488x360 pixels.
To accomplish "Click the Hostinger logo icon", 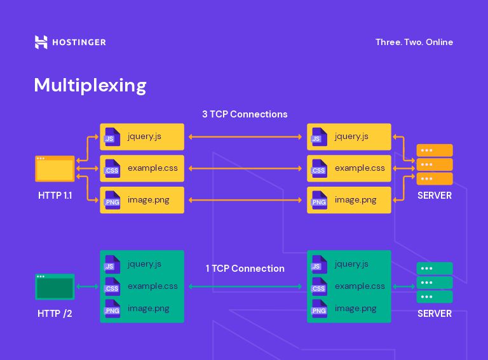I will [x=41, y=43].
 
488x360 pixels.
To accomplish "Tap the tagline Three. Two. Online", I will [x=414, y=43].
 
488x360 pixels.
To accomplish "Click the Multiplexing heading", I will [x=90, y=85].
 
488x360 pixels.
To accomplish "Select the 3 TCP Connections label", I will [x=245, y=114].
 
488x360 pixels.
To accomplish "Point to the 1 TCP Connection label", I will [x=245, y=269].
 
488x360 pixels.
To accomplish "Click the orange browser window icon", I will [x=55, y=169].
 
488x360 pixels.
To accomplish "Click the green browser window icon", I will [x=55, y=287].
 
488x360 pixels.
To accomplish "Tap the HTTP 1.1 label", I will [x=55, y=196].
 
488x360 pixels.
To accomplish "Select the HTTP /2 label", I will [x=55, y=314].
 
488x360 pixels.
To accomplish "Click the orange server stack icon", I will [x=435, y=164].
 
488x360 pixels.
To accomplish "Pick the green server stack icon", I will [x=435, y=283].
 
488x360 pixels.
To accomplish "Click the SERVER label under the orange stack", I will [x=435, y=196].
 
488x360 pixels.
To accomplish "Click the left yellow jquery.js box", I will [x=142, y=137].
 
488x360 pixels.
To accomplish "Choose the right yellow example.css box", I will [x=349, y=168].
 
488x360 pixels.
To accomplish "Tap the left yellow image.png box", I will [x=142, y=200].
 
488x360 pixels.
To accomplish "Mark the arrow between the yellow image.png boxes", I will [x=245, y=200].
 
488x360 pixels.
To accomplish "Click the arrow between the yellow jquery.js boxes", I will [x=245, y=137].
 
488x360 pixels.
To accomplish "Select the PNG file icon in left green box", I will [x=112, y=309].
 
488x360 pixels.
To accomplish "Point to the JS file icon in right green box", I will [x=318, y=265].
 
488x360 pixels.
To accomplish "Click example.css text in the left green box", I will [x=152, y=286].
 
